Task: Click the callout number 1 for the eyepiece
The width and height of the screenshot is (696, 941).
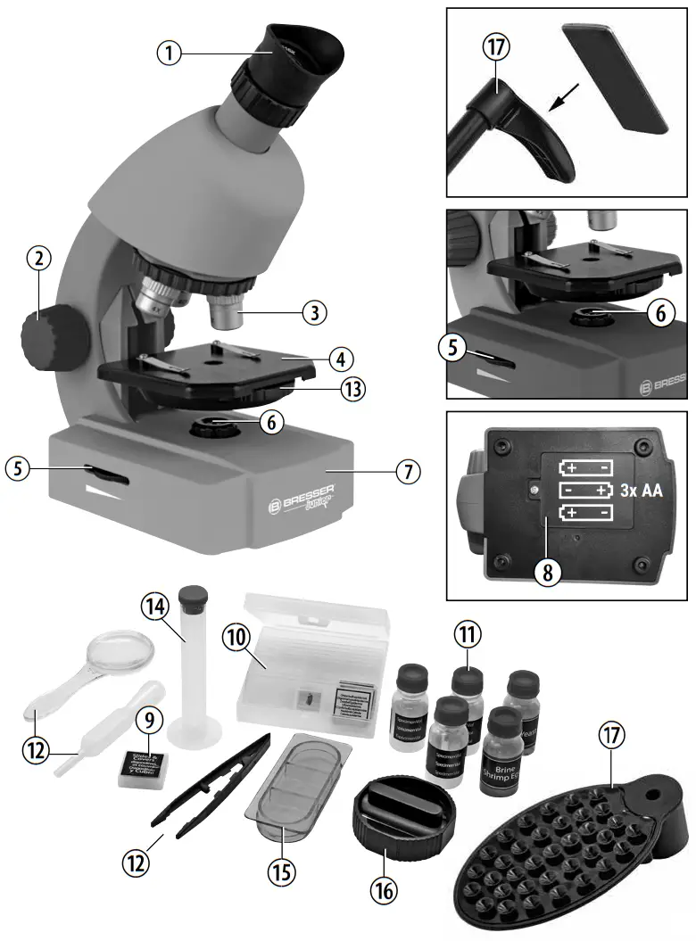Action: click(x=169, y=53)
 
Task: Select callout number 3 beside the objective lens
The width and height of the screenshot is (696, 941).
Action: click(x=313, y=313)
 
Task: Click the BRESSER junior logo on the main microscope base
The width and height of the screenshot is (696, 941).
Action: click(x=302, y=499)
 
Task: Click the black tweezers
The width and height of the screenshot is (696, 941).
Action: click(x=210, y=785)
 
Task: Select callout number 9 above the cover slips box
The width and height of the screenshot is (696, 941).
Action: click(x=147, y=717)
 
